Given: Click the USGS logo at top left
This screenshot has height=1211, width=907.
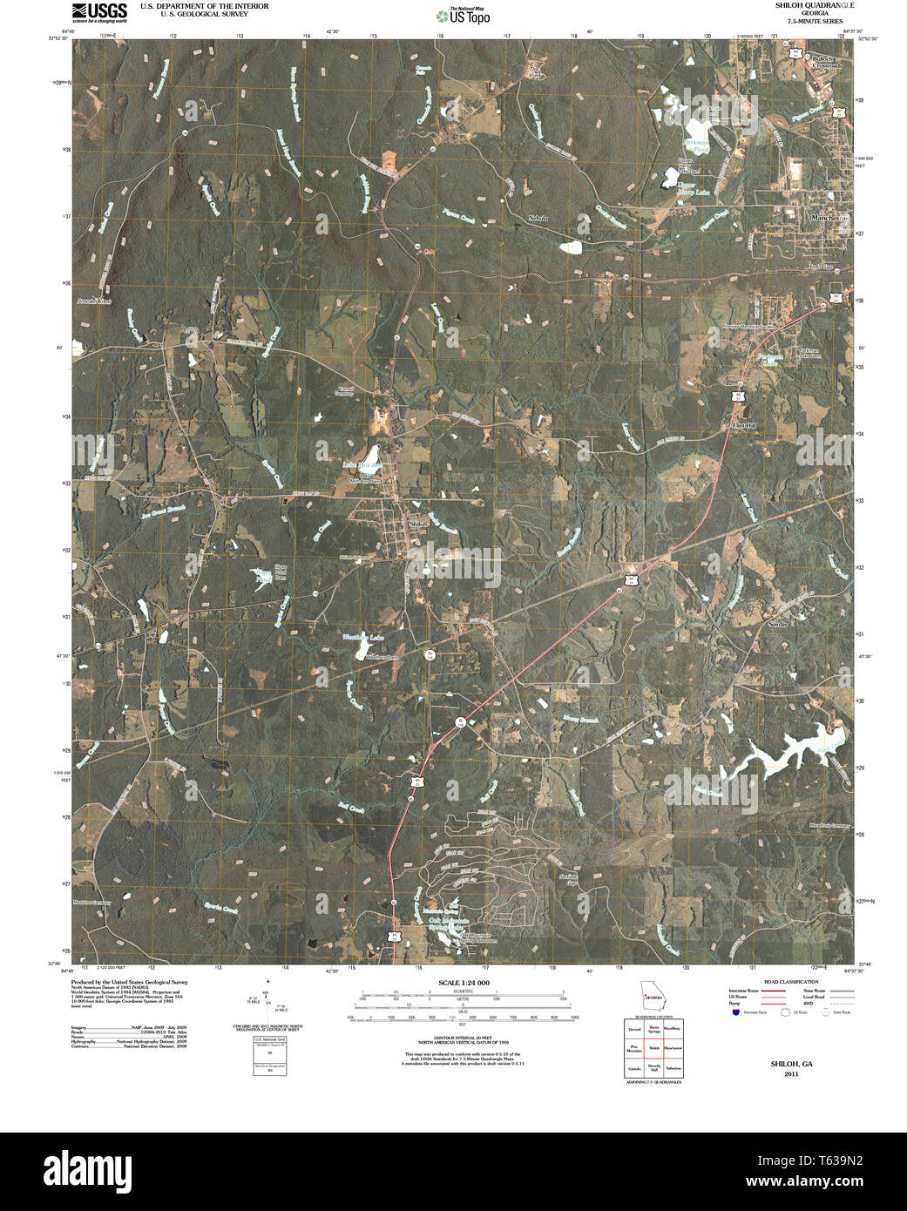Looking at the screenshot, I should tap(98, 11).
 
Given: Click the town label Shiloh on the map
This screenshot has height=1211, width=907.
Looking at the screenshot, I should tap(418, 524).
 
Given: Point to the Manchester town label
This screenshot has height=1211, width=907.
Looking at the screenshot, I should tap(827, 218).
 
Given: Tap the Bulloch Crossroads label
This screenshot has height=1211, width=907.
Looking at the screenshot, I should tap(829, 62).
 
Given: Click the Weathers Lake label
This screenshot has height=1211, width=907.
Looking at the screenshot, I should tap(362, 638).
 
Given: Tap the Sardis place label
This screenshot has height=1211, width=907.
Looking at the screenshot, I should tap(777, 624).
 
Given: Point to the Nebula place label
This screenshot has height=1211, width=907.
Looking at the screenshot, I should tap(538, 217).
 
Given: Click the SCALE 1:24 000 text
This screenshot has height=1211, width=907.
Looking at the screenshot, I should tap(464, 983).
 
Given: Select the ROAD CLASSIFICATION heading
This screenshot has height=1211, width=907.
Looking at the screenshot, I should tap(790, 982).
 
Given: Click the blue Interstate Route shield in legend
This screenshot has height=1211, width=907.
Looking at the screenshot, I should tap(735, 1013).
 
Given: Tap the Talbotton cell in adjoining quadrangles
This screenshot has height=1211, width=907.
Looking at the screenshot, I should tap(673, 1067).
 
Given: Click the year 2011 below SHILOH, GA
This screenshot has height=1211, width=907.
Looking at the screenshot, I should tap(790, 1074).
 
